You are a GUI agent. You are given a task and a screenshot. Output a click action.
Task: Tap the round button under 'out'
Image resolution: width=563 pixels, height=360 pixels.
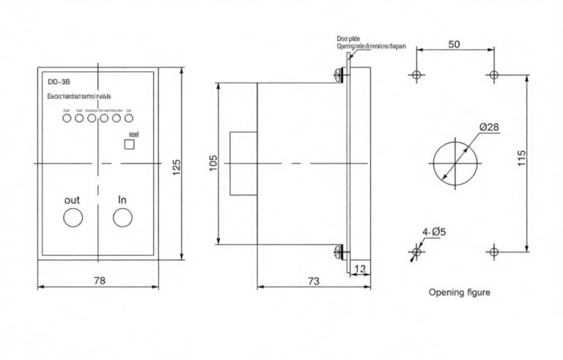[x=73, y=218]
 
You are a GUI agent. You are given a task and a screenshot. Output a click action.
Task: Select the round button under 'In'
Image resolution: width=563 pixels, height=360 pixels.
[x=122, y=218]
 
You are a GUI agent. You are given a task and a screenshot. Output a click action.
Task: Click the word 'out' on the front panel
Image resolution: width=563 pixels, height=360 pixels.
[x=73, y=199]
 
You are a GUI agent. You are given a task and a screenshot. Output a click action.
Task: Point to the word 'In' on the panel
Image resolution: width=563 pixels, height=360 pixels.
[x=122, y=199]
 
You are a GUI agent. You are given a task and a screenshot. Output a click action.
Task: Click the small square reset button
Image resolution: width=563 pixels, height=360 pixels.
[x=130, y=145]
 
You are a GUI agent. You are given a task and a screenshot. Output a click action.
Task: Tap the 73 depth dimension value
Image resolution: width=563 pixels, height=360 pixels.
[x=312, y=280]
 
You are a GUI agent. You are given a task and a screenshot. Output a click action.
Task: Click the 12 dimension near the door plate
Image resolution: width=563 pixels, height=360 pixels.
[x=359, y=269]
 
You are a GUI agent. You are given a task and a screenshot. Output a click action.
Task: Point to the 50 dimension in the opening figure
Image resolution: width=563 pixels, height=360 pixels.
[x=454, y=45]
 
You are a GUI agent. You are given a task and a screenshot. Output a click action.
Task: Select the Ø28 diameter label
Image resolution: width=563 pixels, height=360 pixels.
[x=489, y=127]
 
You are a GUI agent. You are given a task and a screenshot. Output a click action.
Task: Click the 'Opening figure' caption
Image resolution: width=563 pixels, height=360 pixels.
[x=459, y=292]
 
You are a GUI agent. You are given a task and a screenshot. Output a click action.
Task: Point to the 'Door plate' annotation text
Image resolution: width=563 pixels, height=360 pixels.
[x=350, y=37]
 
